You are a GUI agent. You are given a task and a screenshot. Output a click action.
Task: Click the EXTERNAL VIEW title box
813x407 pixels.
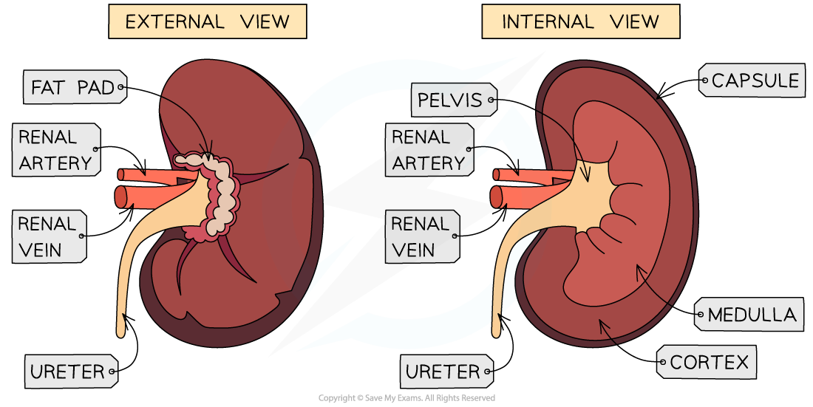click(x=207, y=22)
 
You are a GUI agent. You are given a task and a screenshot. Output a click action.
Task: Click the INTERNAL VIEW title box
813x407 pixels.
click(x=580, y=22)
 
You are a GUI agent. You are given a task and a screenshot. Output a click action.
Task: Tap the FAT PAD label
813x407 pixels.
click(x=74, y=88)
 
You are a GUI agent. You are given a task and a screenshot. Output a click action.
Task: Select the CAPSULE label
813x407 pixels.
click(x=753, y=81)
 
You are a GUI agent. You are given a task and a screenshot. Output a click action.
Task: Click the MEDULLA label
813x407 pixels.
click(x=750, y=315)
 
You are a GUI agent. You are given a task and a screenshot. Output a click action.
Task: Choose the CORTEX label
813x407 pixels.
click(x=707, y=363)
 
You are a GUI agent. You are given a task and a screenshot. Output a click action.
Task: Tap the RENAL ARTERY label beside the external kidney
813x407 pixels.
click(x=55, y=150)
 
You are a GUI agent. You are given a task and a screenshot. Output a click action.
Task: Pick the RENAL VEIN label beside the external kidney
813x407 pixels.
click(x=49, y=236)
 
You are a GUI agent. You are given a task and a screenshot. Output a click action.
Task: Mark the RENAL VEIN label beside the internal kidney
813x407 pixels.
click(x=422, y=236)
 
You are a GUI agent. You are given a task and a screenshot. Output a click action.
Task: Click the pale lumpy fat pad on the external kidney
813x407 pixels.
click(x=222, y=196)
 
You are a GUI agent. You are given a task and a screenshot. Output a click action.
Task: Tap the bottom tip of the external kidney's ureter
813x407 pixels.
click(x=120, y=330)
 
